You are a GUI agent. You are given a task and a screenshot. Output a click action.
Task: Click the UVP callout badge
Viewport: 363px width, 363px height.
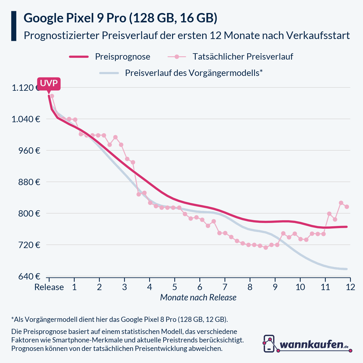click(49, 83)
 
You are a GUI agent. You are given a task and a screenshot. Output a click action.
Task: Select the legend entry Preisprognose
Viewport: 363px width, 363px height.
click(122, 57)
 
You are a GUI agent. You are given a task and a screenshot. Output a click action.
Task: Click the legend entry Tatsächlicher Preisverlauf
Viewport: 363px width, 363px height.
click(243, 57)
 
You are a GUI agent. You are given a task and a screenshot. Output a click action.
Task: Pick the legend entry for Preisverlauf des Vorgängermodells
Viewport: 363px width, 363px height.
click(193, 73)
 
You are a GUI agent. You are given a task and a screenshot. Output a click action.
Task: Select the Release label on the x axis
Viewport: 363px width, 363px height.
click(49, 287)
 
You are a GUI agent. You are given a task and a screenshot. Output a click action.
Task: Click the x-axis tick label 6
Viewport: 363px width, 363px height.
click(200, 287)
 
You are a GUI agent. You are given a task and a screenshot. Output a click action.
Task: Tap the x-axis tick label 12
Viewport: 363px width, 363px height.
click(350, 287)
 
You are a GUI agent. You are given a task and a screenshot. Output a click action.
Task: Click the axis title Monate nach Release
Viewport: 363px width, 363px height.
click(198, 298)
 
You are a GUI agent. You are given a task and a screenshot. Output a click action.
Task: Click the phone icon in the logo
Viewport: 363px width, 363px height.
click(269, 344)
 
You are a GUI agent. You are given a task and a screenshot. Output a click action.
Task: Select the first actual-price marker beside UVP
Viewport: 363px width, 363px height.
click(52, 96)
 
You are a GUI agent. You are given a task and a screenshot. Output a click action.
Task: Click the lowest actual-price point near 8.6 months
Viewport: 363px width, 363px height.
click(266, 247)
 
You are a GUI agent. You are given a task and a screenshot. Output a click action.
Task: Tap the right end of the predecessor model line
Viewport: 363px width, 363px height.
click(346, 269)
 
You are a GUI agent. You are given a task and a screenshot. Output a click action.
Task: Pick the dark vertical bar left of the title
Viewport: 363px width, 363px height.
click(14, 26)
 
